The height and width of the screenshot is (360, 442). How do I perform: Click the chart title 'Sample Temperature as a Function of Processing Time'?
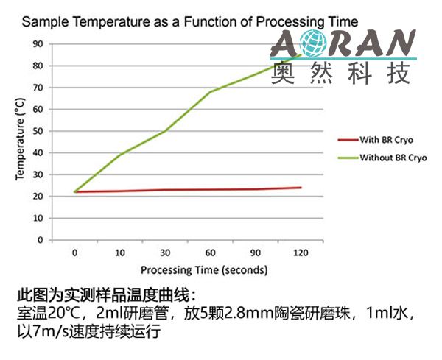[190, 22]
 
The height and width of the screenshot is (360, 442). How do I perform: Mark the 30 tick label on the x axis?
[165, 253]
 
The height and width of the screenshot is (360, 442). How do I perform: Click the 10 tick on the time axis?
[120, 253]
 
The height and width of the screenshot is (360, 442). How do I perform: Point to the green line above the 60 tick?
[211, 92]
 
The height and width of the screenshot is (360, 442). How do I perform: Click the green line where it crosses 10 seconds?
[120, 154]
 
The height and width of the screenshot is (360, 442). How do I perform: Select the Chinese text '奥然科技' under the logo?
[341, 72]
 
